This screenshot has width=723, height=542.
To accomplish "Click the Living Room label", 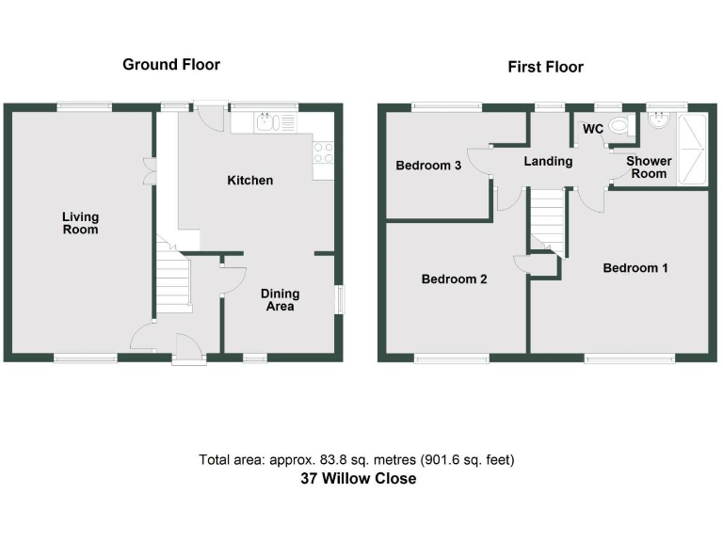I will coord(80,222).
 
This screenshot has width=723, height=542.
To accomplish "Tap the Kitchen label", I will coord(250,180).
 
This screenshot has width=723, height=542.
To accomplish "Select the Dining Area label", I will coord(280,299).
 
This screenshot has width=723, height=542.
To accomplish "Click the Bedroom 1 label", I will coord(635,268).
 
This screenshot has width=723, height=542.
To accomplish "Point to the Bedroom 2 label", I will coord(454,279).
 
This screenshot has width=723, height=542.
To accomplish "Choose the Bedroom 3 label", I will coord(428,166).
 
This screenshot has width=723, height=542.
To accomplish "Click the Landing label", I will coord(548,161).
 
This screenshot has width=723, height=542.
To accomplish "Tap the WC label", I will coord(593,128).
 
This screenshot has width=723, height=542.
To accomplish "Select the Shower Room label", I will coord(650,167).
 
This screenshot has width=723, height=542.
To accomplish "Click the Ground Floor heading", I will coord(171,65).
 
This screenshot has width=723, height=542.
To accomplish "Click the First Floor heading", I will coord(545,67).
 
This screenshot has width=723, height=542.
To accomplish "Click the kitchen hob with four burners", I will coord(323,152).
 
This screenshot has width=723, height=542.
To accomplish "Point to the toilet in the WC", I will coord(619,125).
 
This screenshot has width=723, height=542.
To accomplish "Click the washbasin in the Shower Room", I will coord(658,120).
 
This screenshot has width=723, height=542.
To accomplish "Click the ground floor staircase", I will coord(173,282).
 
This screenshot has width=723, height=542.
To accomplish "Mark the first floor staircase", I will coord(547,220).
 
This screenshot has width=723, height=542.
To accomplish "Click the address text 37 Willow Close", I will coord(357,479).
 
